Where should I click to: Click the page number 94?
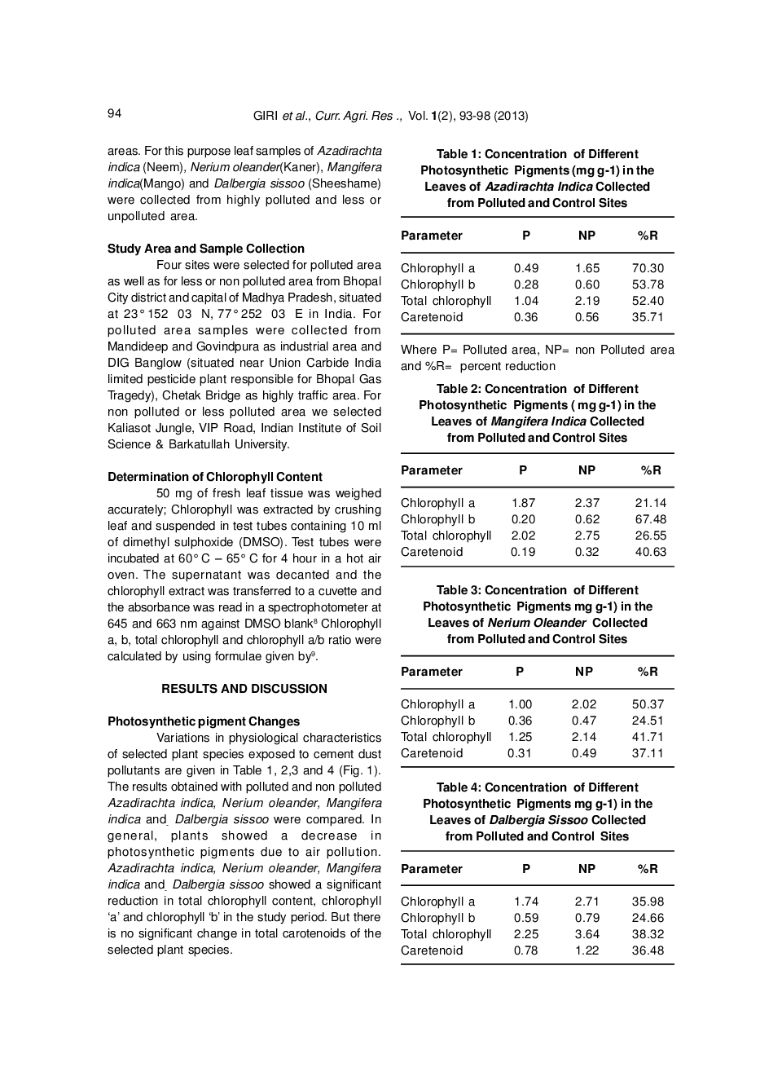click(x=114, y=113)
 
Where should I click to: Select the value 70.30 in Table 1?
click(x=648, y=268)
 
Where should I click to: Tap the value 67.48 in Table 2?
click(x=650, y=519)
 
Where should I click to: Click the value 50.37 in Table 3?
click(x=648, y=704)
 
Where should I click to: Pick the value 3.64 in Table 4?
click(x=586, y=934)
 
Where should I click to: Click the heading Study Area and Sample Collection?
click(x=206, y=249)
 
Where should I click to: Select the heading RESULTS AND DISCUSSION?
click(x=244, y=689)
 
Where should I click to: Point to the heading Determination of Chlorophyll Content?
click(x=215, y=477)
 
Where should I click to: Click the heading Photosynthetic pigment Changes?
click(x=204, y=721)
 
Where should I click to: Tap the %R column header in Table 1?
click(x=648, y=236)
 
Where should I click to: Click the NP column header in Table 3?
click(x=584, y=672)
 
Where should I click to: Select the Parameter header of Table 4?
click(x=432, y=869)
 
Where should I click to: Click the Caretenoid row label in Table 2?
click(x=432, y=552)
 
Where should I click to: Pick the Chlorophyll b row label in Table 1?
click(x=437, y=284)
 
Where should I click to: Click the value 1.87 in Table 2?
click(x=523, y=503)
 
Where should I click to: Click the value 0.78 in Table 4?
click(x=525, y=950)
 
